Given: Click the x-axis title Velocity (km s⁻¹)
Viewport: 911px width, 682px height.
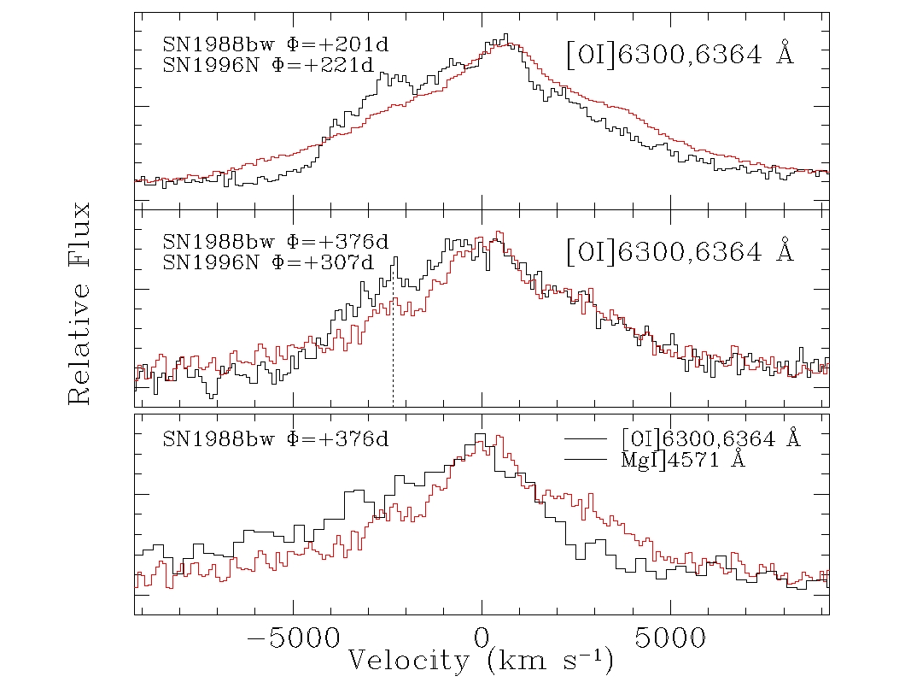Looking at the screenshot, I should [x=480, y=661].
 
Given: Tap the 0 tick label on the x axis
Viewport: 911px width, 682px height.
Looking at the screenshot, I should [x=482, y=638].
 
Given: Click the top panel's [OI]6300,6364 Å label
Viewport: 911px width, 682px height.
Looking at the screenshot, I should [x=680, y=56].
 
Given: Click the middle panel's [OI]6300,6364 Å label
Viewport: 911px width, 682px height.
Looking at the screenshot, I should [x=680, y=252].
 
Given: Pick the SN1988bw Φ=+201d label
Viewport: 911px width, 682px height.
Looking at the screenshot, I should [x=275, y=44].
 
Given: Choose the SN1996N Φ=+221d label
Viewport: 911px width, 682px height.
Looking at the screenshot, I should [x=268, y=65].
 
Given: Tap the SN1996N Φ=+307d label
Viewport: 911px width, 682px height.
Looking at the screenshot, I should [x=268, y=262].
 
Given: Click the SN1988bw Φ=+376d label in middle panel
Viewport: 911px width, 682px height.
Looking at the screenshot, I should [x=275, y=242].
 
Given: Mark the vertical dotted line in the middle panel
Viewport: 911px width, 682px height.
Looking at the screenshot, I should [x=393, y=342].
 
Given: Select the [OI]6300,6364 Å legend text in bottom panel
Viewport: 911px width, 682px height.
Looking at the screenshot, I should [x=711, y=439].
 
